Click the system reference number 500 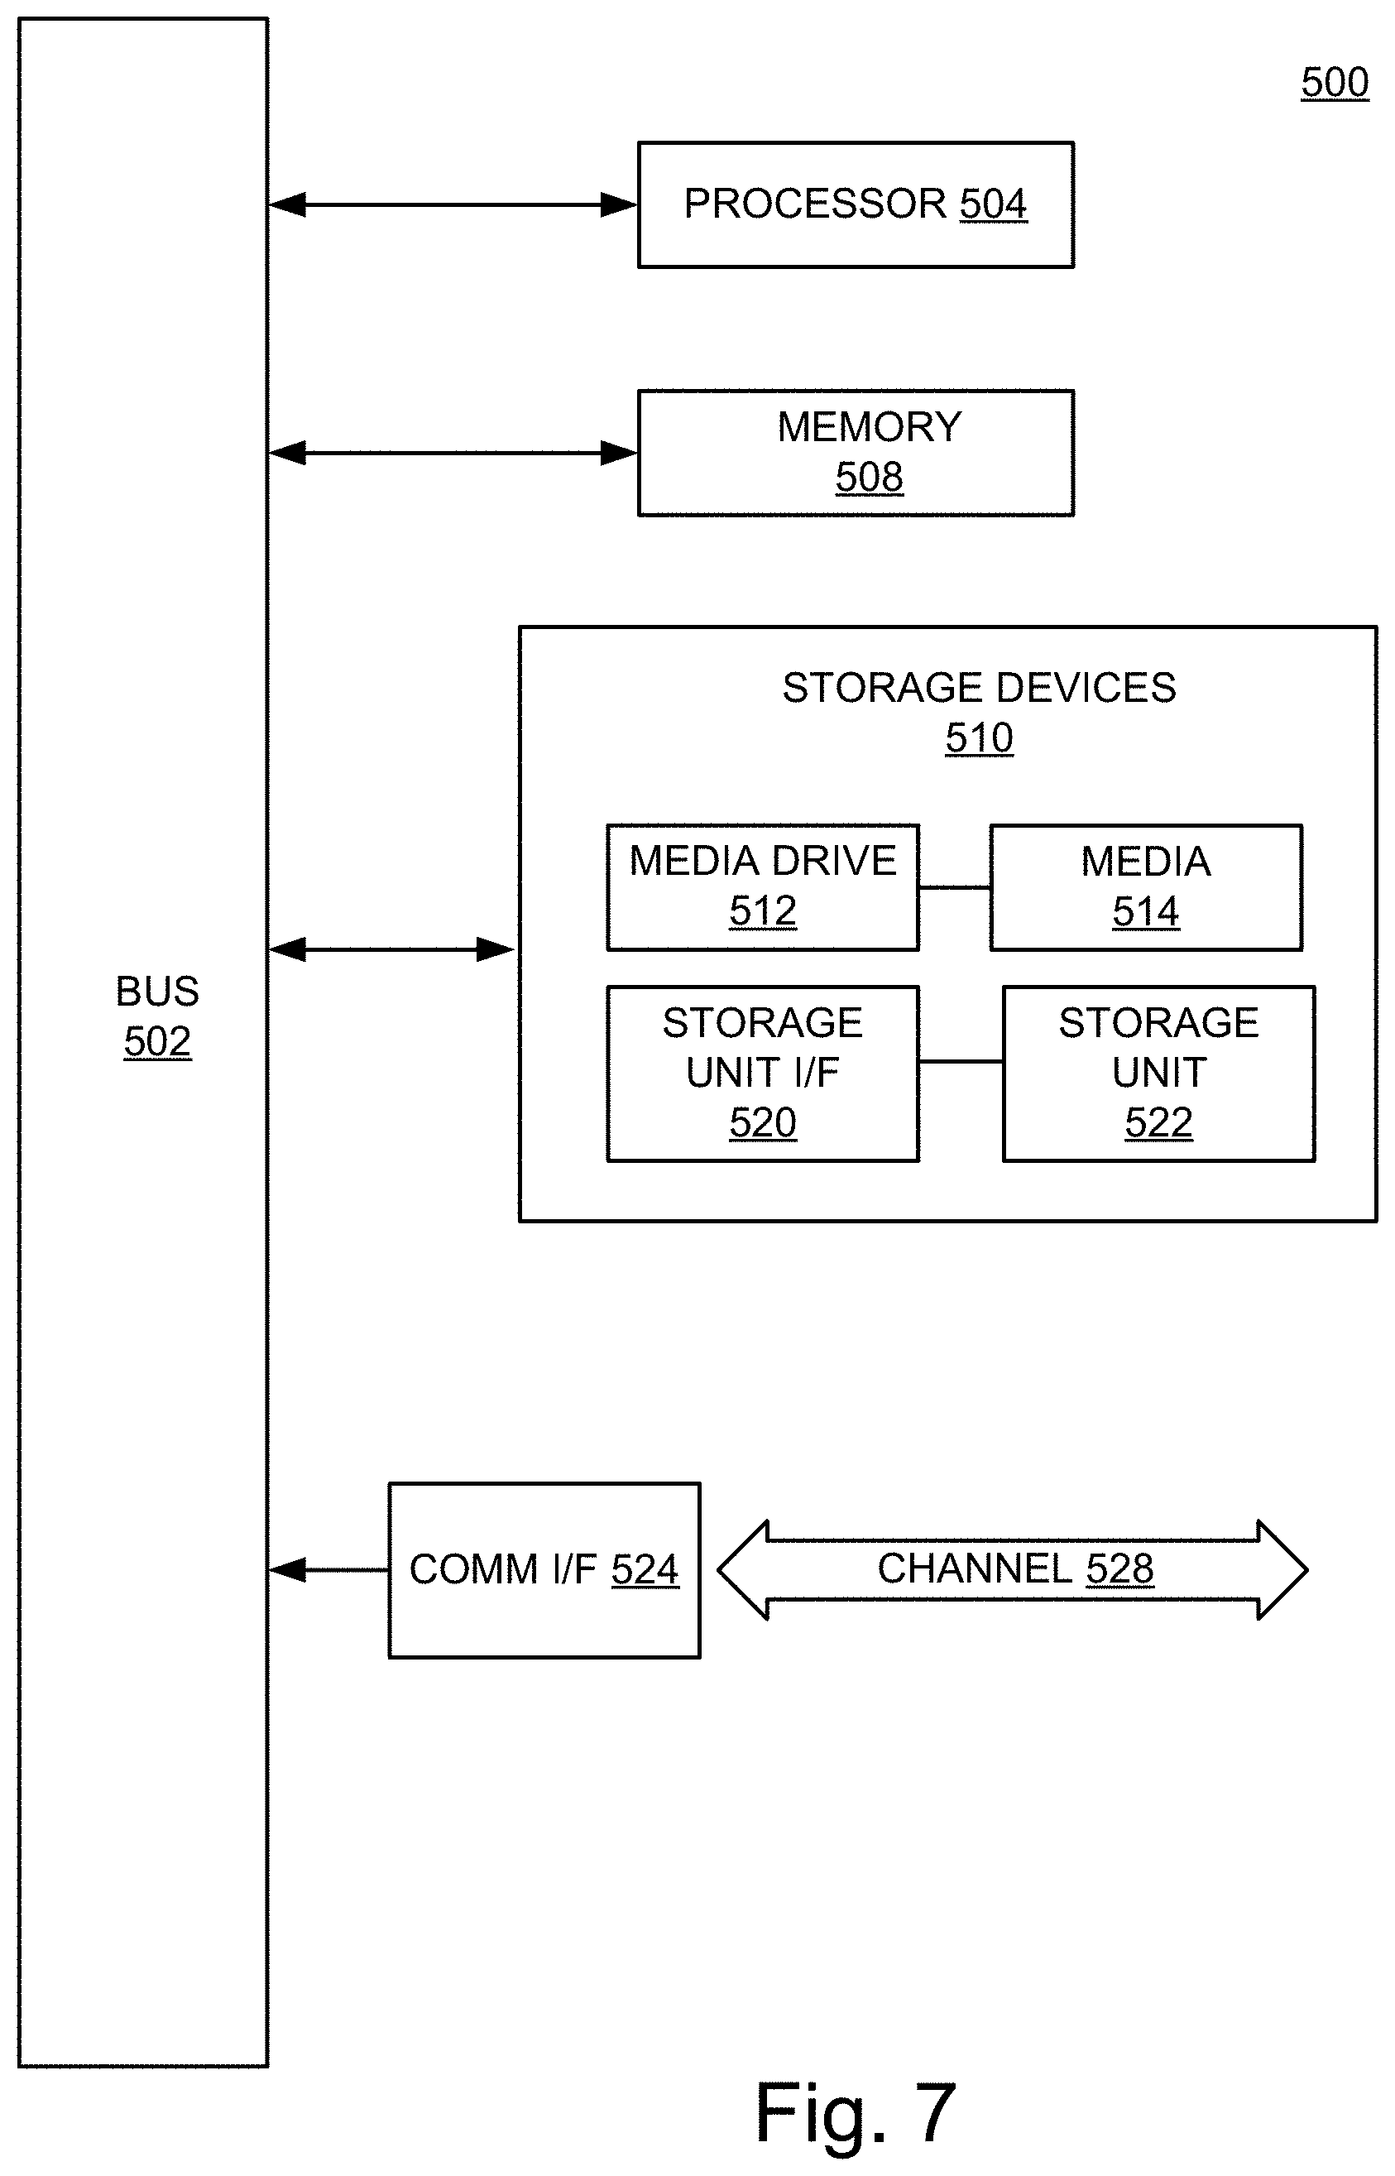[1334, 83]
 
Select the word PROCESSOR [814, 204]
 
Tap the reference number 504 [993, 204]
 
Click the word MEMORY [869, 427]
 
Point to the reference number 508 [869, 477]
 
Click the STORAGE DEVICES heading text [978, 688]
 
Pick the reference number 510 [978, 737]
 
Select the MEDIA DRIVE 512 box [763, 887]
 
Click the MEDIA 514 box [1146, 887]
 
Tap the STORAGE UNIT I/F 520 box [763, 1074]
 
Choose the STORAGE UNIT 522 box [1158, 1074]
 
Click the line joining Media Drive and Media [955, 888]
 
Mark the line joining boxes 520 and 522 [961, 1061]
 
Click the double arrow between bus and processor [453, 204]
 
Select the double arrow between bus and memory [453, 453]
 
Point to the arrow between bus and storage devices [392, 949]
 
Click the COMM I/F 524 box [544, 1570]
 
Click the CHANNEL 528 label [1014, 1569]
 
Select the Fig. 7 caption [854, 2113]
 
